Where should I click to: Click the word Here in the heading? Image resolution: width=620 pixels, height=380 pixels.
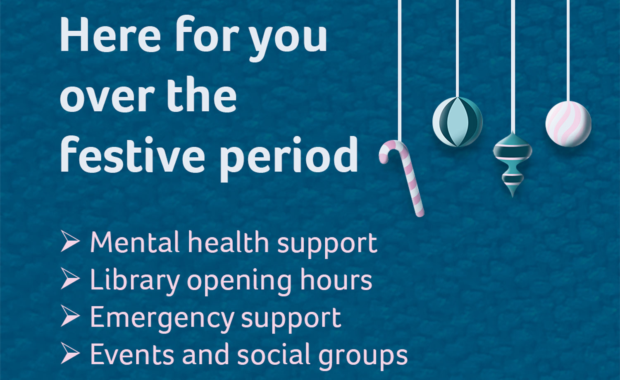(110, 35)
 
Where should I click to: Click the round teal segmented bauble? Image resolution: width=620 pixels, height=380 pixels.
(458, 122)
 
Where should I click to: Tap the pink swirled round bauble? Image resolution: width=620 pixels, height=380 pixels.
(568, 124)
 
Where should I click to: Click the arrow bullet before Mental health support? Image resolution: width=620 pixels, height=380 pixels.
(70, 241)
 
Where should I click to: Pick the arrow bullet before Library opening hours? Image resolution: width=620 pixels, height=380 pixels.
(70, 279)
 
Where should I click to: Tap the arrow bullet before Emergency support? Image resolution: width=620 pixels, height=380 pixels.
(70, 317)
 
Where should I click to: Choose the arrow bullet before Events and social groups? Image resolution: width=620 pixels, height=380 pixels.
(70, 354)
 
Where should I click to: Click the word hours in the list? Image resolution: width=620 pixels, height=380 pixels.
(336, 280)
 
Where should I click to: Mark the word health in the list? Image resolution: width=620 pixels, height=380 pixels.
(228, 242)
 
